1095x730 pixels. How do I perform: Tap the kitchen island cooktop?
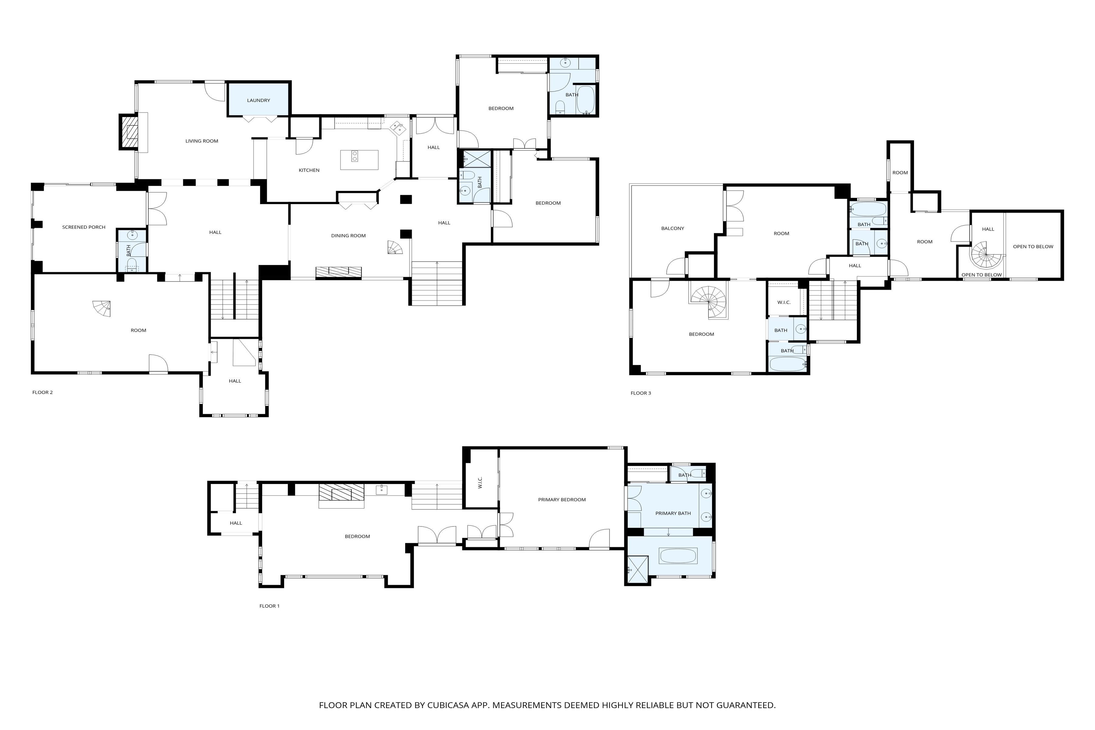[x=355, y=156]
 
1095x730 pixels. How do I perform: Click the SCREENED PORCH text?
[x=84, y=227]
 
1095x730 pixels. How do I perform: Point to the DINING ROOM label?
[x=348, y=235]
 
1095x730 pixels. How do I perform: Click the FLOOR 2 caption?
[x=42, y=392]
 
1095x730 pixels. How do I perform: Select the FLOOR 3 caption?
[x=641, y=393]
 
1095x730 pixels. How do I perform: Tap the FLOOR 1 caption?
[x=269, y=606]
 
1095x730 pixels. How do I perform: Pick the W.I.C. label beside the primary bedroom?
[x=481, y=482]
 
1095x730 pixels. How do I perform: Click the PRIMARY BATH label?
[x=673, y=513]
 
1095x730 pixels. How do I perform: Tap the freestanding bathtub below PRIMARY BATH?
[x=678, y=556]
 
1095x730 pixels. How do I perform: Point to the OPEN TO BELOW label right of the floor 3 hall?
[x=1033, y=247]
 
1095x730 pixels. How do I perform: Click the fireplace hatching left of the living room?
[x=130, y=132]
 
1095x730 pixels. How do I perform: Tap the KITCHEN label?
[x=309, y=170]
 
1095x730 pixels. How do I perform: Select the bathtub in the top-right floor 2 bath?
[x=586, y=100]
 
